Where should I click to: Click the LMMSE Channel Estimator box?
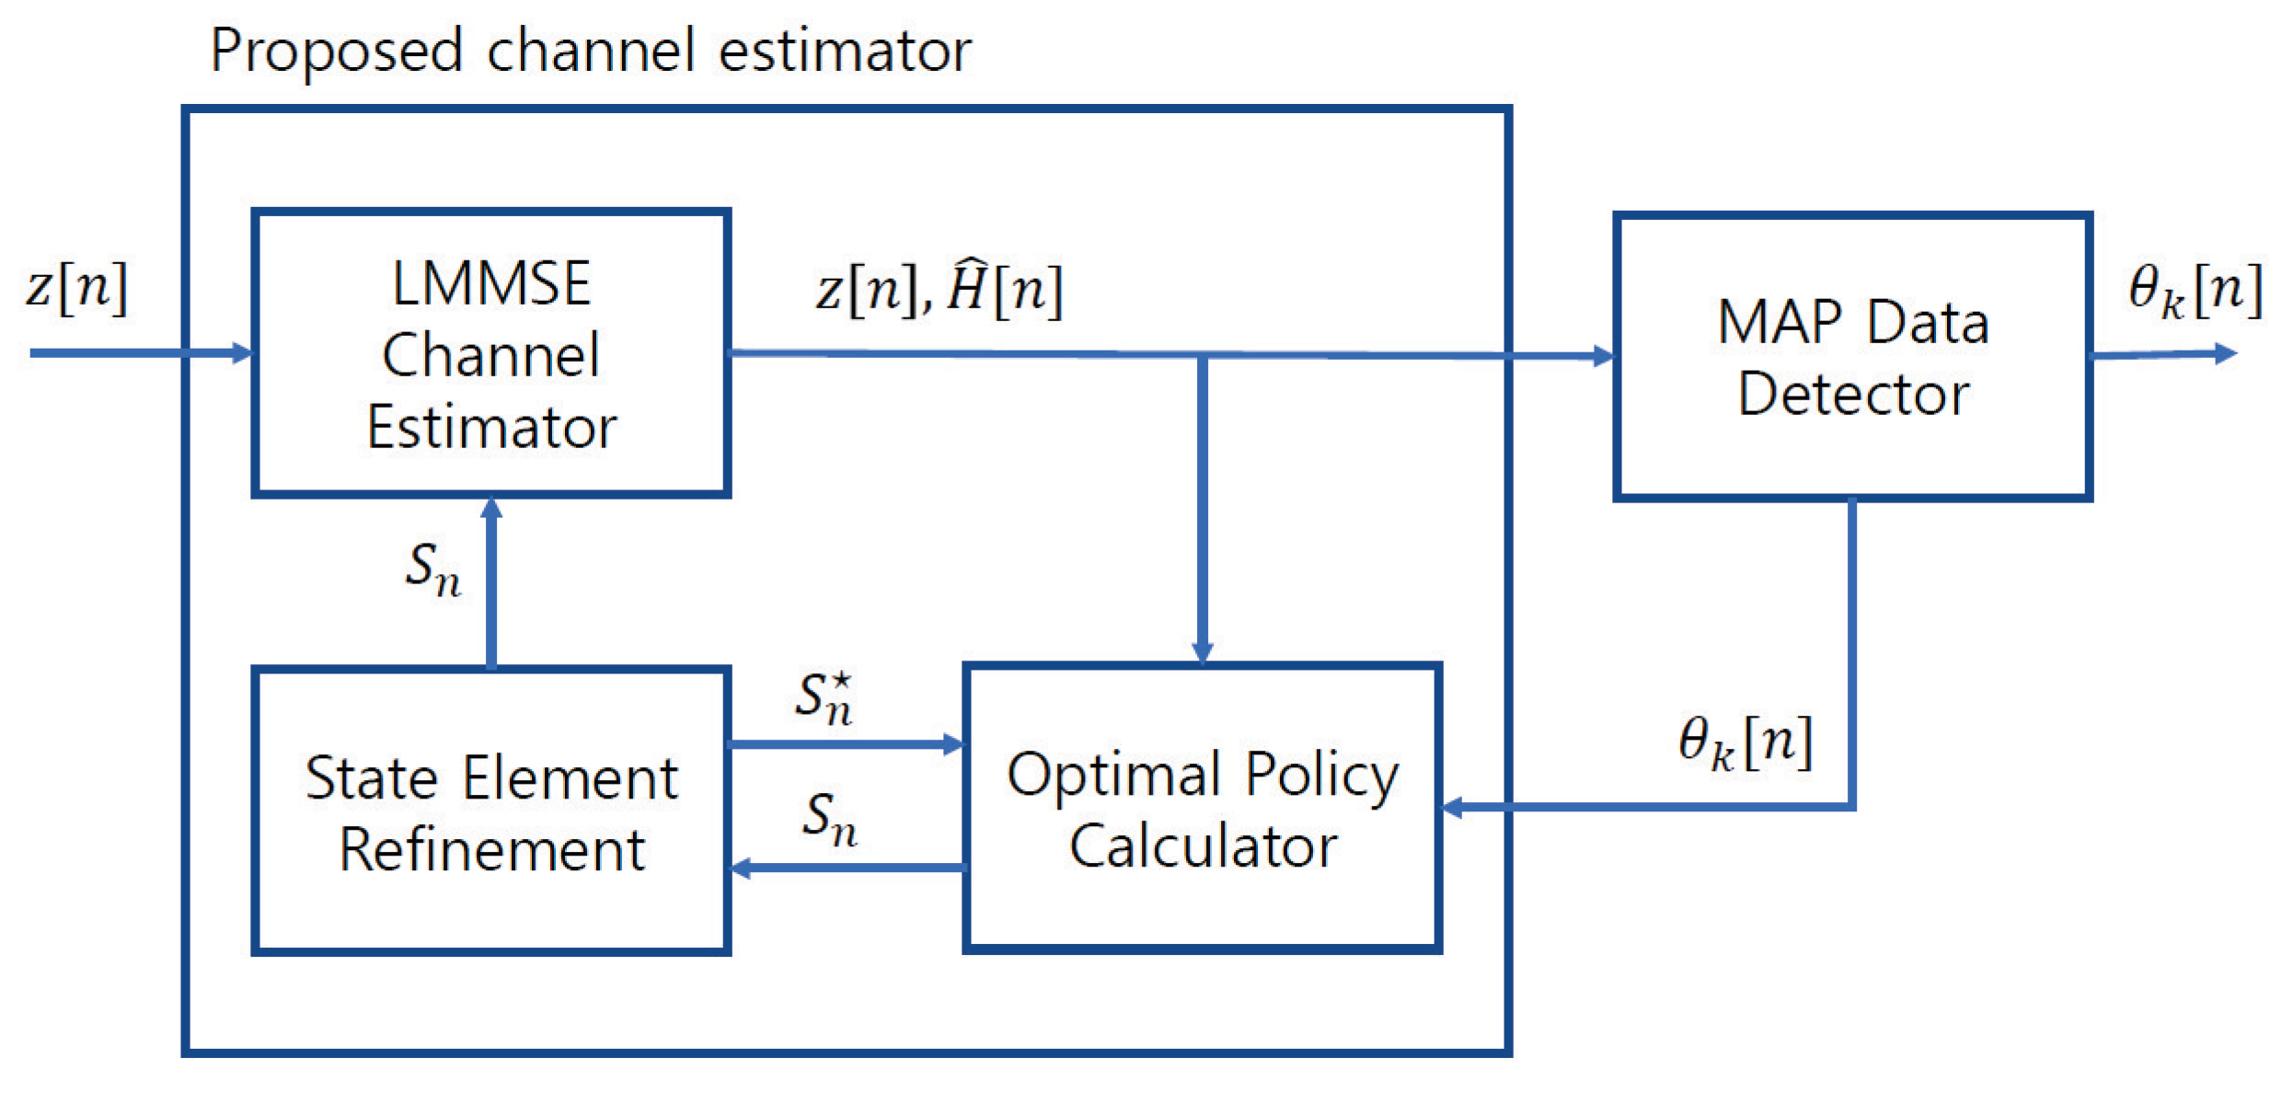[490, 354]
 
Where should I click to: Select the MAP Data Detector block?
[1851, 357]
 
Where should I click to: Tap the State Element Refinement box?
[490, 811]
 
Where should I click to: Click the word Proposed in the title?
[335, 52]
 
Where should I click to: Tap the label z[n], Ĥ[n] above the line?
[939, 290]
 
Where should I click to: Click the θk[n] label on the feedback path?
[1745, 742]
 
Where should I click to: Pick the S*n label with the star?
[824, 698]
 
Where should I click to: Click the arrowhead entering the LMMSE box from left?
[241, 352]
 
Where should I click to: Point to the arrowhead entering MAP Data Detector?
[1602, 356]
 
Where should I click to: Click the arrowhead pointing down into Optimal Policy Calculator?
[1202, 651]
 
